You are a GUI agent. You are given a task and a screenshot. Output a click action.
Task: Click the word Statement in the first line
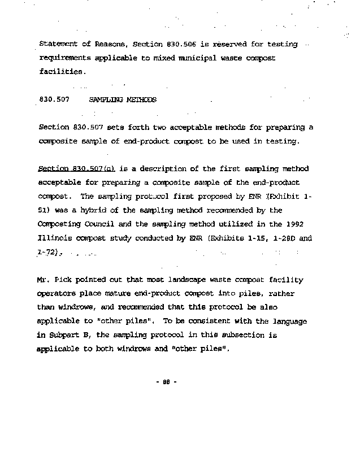click(x=58, y=44)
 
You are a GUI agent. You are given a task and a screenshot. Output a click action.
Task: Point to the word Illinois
click(x=55, y=238)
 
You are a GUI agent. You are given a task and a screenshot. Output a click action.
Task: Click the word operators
click(x=58, y=294)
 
